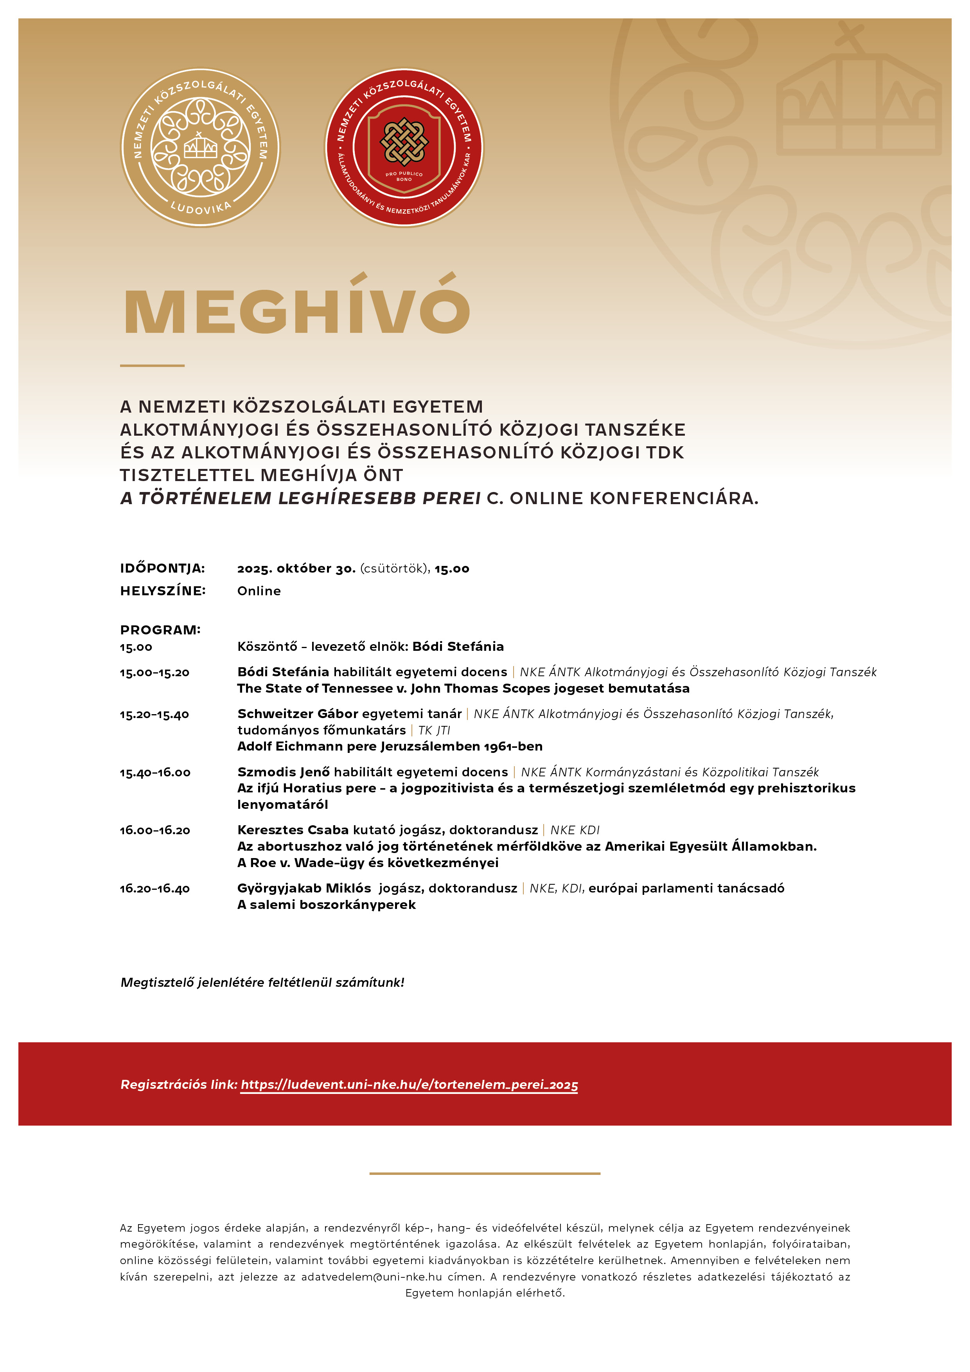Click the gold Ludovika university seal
pyautogui.click(x=200, y=147)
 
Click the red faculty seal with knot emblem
pyautogui.click(x=404, y=147)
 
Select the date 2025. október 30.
pyautogui.click(x=296, y=568)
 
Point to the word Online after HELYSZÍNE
pyautogui.click(x=259, y=591)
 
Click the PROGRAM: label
pyautogui.click(x=160, y=630)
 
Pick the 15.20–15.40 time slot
pyautogui.click(x=154, y=715)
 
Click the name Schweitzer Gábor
pyautogui.click(x=297, y=713)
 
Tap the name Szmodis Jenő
pyautogui.click(x=283, y=772)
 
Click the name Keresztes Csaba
pyautogui.click(x=293, y=830)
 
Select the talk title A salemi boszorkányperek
pyautogui.click(x=326, y=905)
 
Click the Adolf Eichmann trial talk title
pyautogui.click(x=390, y=746)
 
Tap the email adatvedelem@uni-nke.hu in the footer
pyautogui.click(x=371, y=1277)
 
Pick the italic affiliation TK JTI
pyautogui.click(x=434, y=730)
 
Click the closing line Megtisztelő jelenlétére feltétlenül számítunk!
pyautogui.click(x=262, y=982)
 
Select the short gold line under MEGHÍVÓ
pyautogui.click(x=153, y=365)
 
